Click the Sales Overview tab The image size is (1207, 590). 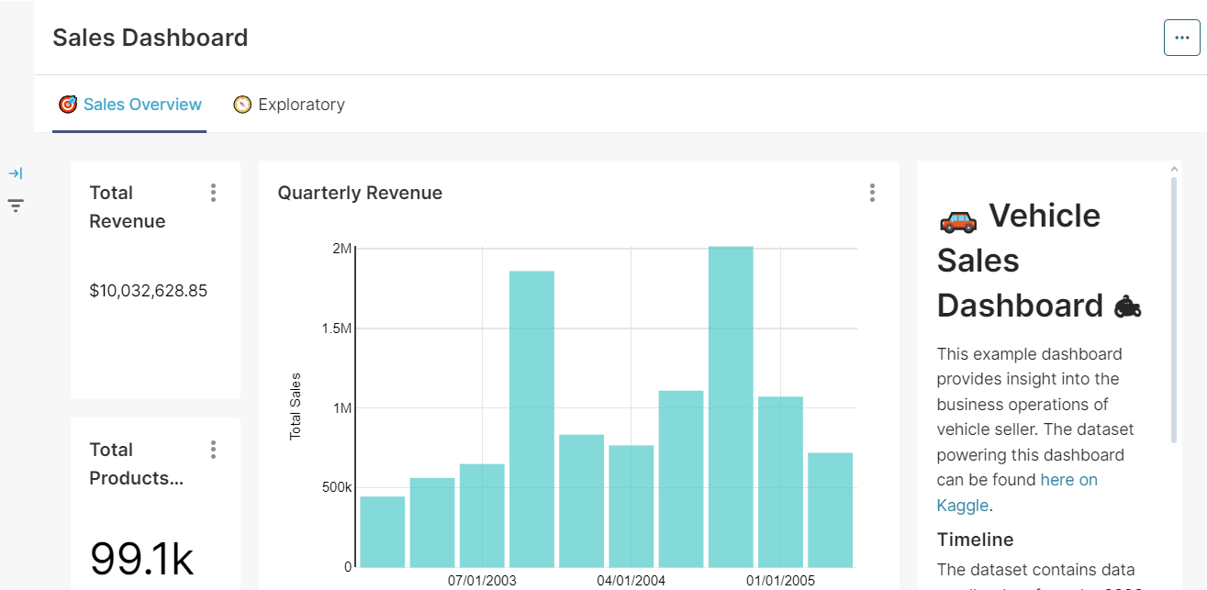(141, 105)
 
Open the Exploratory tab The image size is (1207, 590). (301, 105)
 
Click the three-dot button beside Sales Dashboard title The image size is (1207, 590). (1181, 38)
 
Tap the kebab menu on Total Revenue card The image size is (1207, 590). (213, 193)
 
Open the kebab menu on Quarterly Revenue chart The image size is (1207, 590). (872, 193)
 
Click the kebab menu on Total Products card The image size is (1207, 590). (213, 450)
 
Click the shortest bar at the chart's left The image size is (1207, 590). (383, 531)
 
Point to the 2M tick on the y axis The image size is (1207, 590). (341, 249)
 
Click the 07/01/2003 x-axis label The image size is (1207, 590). (482, 581)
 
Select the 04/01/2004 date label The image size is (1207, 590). (631, 581)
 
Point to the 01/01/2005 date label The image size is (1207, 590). (780, 581)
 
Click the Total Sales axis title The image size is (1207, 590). (296, 406)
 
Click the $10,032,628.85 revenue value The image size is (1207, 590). (149, 291)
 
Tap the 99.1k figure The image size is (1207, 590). (141, 559)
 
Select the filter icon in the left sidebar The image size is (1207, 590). (16, 206)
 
